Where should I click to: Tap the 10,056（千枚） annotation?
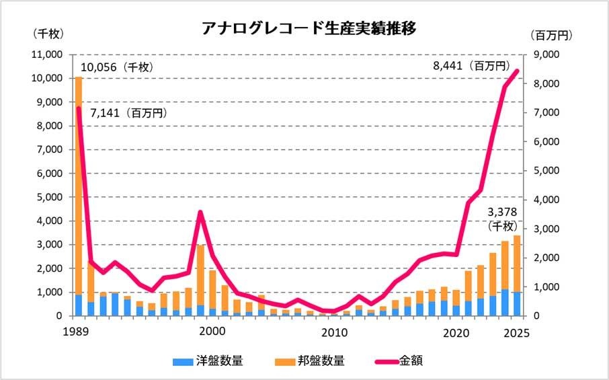click(118, 67)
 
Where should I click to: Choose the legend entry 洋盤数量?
click(209, 361)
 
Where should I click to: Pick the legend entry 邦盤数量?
click(311, 361)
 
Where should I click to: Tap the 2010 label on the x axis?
click(333, 332)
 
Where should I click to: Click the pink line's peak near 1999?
click(200, 213)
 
